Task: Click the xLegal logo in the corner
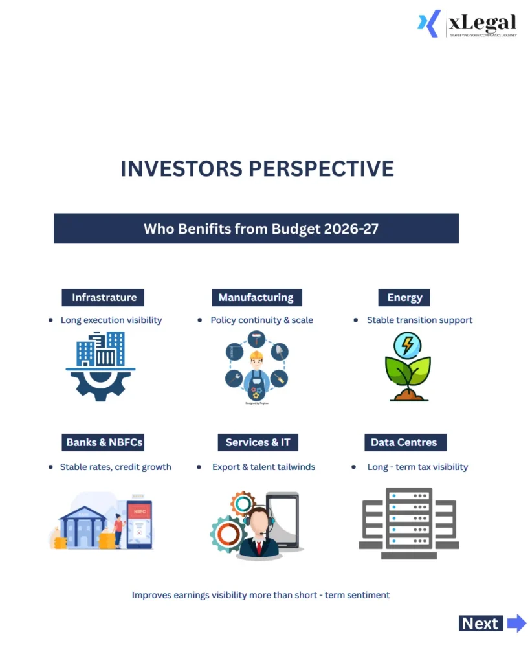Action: [x=467, y=24]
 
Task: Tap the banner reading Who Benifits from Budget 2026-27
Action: [x=256, y=229]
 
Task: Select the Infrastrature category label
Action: [x=104, y=297]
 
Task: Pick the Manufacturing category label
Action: [x=256, y=297]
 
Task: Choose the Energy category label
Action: [x=404, y=297]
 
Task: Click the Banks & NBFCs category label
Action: [x=104, y=442]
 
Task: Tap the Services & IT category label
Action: [x=258, y=442]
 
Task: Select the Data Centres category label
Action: [x=404, y=442]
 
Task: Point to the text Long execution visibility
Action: [x=111, y=320]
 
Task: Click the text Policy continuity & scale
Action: [x=261, y=320]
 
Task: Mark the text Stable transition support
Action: [x=419, y=320]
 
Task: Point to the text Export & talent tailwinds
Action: [x=263, y=467]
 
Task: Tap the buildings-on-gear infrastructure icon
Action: [x=101, y=366]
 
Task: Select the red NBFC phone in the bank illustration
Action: [x=139, y=523]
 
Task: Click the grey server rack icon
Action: [x=408, y=523]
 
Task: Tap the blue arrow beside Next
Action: [x=516, y=624]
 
